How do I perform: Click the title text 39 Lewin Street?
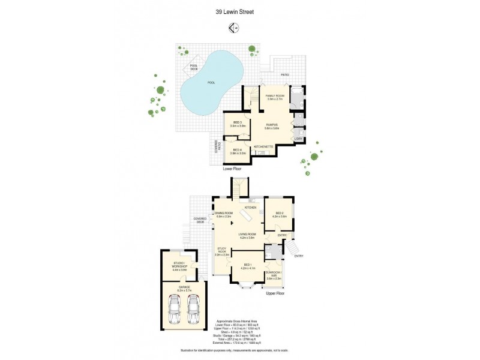click(239, 11)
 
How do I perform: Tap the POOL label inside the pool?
click(211, 83)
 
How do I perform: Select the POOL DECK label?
click(194, 67)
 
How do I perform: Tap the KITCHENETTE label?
click(264, 146)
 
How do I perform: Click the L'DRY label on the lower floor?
click(298, 139)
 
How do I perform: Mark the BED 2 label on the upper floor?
click(280, 214)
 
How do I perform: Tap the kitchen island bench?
click(246, 215)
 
